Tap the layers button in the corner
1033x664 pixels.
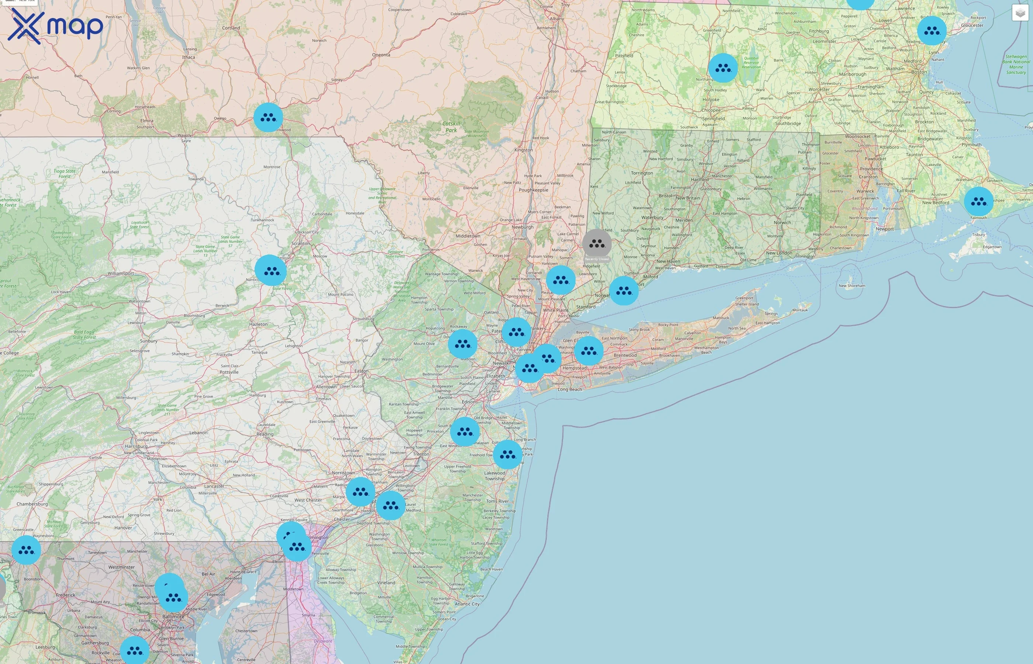pos(1020,13)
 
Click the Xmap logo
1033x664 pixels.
pos(55,26)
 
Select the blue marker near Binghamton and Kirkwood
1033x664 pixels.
pos(268,117)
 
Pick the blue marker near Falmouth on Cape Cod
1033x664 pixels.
pos(978,201)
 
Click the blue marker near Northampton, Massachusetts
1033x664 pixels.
pos(723,68)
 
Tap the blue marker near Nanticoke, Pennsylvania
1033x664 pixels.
pos(271,270)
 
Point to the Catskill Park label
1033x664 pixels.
pos(451,127)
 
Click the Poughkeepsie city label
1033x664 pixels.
pos(533,190)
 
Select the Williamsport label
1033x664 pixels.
pos(121,273)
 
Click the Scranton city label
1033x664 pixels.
pos(301,243)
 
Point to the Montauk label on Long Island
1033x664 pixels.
pos(800,310)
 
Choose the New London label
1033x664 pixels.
pos(779,253)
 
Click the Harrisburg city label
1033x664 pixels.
pos(136,446)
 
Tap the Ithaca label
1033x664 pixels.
pos(189,57)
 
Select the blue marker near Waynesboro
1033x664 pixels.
pos(26,550)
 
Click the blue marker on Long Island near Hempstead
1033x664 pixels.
pos(588,351)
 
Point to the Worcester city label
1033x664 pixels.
pos(819,90)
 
